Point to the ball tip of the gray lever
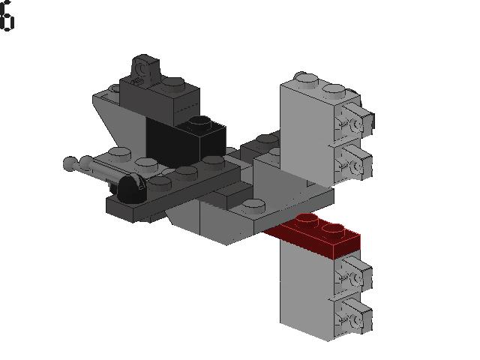pos(70,160)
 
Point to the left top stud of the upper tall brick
pos(303,77)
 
